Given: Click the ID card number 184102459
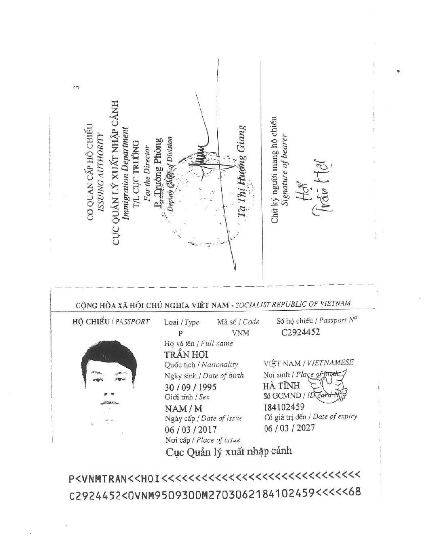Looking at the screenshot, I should [x=284, y=407].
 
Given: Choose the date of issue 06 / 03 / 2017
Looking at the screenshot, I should [x=190, y=429].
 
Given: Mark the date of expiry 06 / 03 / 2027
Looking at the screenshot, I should [x=289, y=428].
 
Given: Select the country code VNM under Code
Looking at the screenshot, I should [x=240, y=333].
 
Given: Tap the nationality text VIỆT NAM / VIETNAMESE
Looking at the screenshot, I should [x=309, y=363].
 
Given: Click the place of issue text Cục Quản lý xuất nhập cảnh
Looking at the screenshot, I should [x=229, y=451].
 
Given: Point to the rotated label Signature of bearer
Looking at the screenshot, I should [x=284, y=170].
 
